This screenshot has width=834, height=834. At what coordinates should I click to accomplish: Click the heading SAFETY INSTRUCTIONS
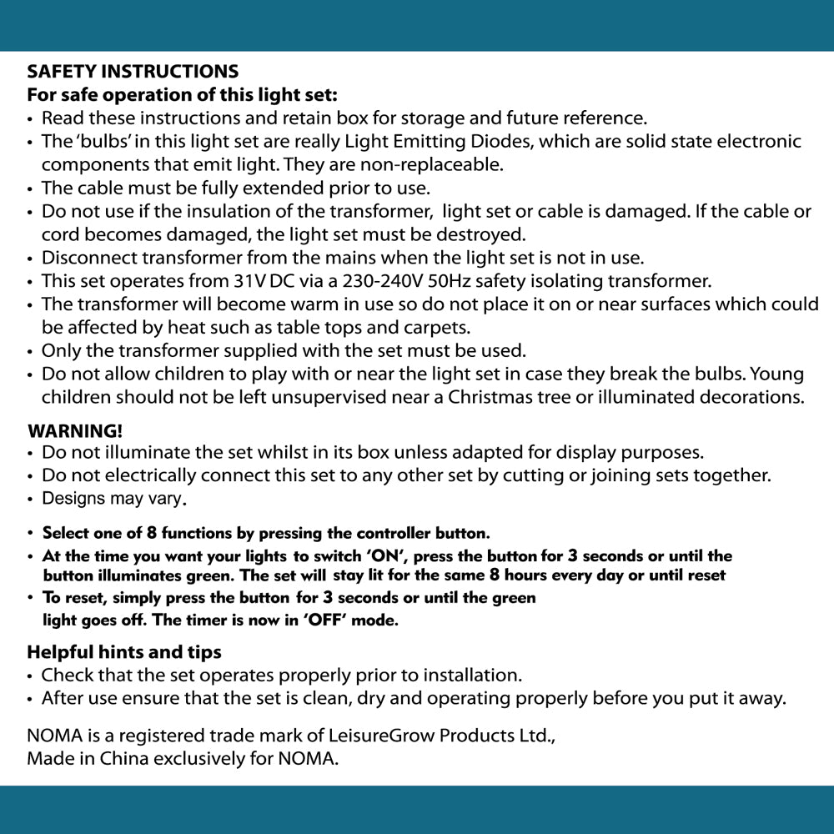(x=133, y=72)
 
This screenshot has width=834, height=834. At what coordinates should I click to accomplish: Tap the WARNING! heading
(x=75, y=431)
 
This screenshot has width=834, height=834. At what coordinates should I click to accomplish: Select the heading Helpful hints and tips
(x=124, y=651)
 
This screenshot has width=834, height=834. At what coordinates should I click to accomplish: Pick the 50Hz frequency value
(x=450, y=281)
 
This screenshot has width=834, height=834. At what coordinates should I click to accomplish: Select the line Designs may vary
(x=113, y=499)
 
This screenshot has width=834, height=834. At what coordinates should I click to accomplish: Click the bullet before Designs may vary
(x=31, y=500)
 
